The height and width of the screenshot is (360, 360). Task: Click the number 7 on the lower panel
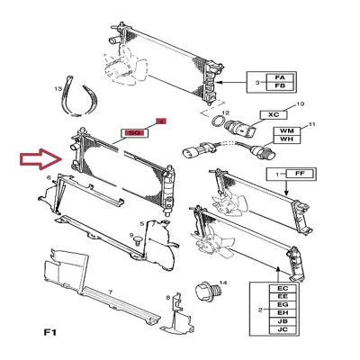109,292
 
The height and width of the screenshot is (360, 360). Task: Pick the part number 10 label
301,104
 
